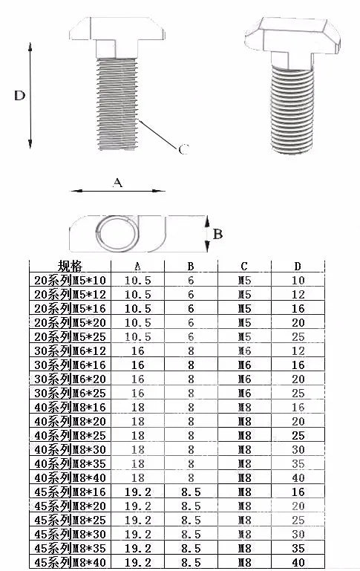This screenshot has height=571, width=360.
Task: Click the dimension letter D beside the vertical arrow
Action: click(19, 95)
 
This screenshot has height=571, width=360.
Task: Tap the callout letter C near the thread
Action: click(184, 149)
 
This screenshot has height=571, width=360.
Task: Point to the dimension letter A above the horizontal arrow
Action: click(117, 182)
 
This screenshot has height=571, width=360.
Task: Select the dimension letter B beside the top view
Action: click(217, 234)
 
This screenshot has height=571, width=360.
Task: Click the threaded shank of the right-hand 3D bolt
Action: click(292, 109)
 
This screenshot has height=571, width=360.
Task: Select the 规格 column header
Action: click(70, 267)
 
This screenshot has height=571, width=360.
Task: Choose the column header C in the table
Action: click(244, 267)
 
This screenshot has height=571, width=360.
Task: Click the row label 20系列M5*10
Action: click(70, 280)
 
